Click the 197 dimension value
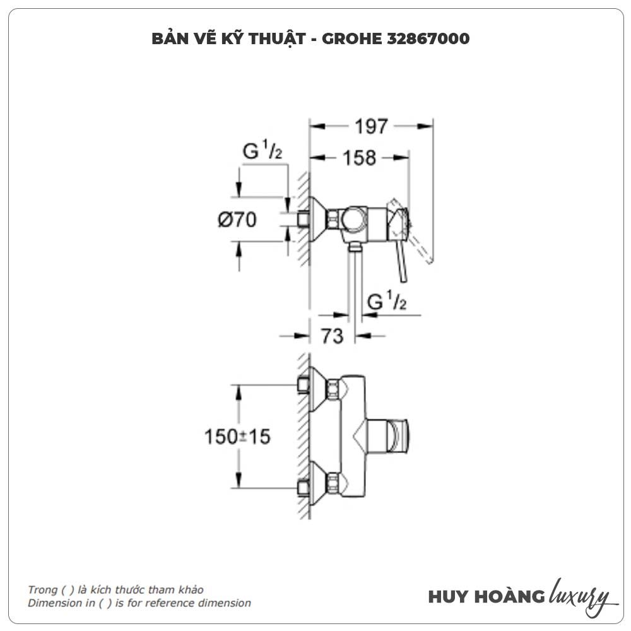coord(370,126)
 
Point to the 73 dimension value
coord(332,336)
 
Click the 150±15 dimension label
coord(237,435)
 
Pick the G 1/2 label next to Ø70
coord(262,151)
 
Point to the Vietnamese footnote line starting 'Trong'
coord(115,590)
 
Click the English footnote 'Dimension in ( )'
coord(139,603)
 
